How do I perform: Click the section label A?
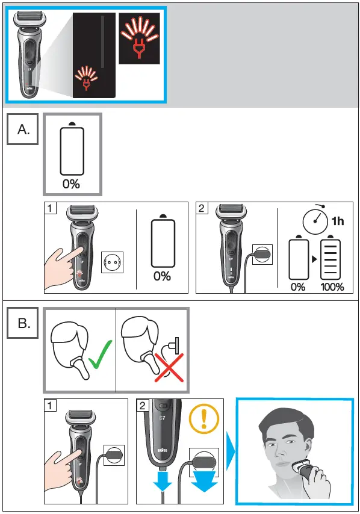[23, 129]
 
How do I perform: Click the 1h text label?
[338, 221]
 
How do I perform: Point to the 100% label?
[332, 286]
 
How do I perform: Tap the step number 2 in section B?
[142, 406]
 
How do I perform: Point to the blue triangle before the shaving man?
[229, 451]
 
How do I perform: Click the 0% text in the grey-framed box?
[71, 184]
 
